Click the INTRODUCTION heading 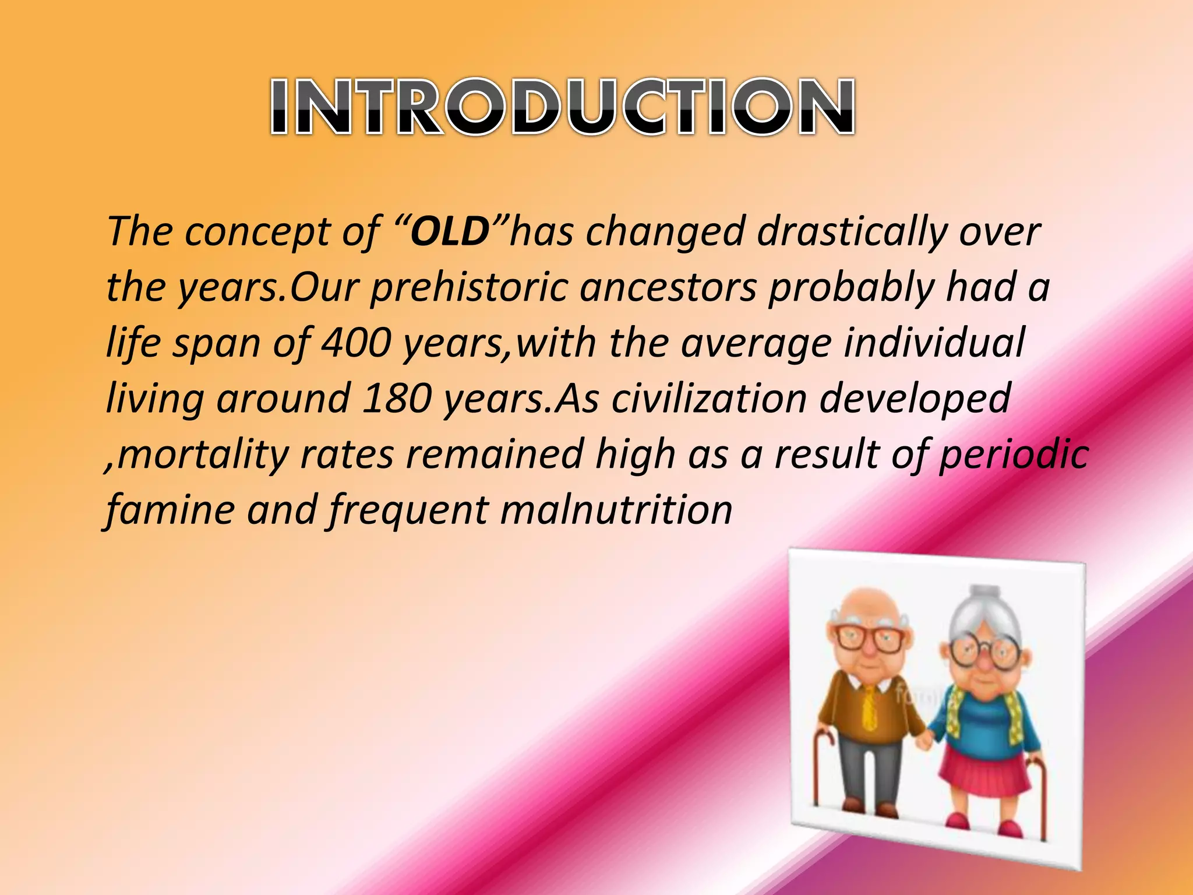(562, 107)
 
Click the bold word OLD (449, 231)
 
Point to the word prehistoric (469, 287)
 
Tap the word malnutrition (616, 510)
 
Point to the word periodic (1014, 454)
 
